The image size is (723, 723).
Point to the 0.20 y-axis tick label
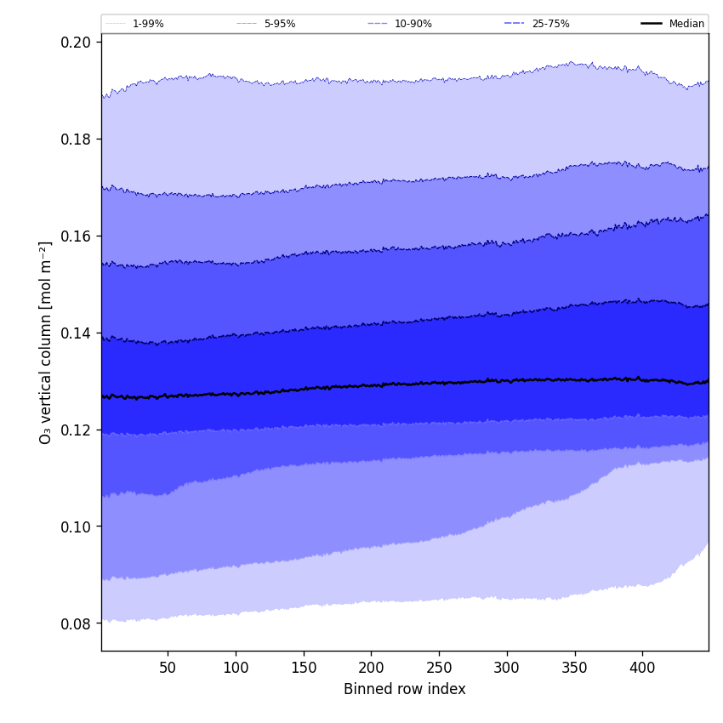click(x=77, y=42)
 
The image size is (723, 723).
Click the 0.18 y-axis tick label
click(x=77, y=139)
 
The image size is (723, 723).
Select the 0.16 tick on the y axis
click(x=77, y=236)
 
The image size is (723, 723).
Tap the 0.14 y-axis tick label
click(x=77, y=333)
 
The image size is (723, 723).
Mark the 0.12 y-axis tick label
click(x=77, y=430)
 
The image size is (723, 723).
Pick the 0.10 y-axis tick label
click(x=77, y=527)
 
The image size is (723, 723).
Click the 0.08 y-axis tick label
click(x=77, y=623)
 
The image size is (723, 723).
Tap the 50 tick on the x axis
click(x=168, y=668)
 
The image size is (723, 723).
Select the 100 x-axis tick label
click(x=236, y=668)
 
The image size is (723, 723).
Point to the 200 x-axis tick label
click(x=371, y=668)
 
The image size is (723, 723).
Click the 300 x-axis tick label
click(x=507, y=668)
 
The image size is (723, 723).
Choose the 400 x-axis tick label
click(x=642, y=668)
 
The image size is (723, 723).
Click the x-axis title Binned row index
click(x=405, y=689)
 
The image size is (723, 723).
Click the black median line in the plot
click(x=371, y=385)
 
